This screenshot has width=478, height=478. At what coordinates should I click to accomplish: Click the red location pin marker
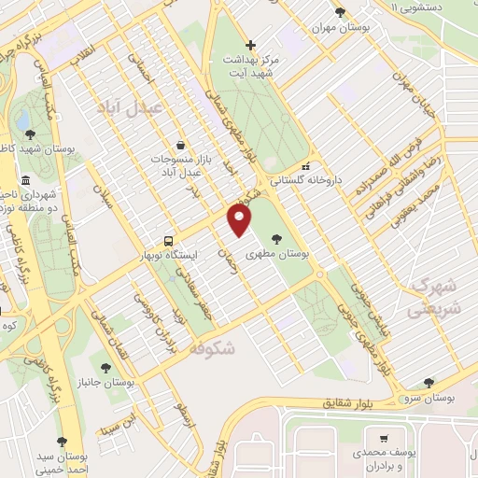pyautogui.click(x=240, y=220)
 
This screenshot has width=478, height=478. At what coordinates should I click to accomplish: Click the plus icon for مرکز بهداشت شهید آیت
pyautogui.click(x=249, y=45)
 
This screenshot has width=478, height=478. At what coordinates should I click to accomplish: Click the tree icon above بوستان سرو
pyautogui.click(x=429, y=383)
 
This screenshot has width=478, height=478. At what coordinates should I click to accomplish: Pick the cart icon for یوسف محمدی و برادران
pyautogui.click(x=383, y=438)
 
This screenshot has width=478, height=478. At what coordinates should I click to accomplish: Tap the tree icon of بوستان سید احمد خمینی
pyautogui.click(x=63, y=443)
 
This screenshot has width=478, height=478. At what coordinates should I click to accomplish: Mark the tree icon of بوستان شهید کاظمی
pyautogui.click(x=32, y=134)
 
